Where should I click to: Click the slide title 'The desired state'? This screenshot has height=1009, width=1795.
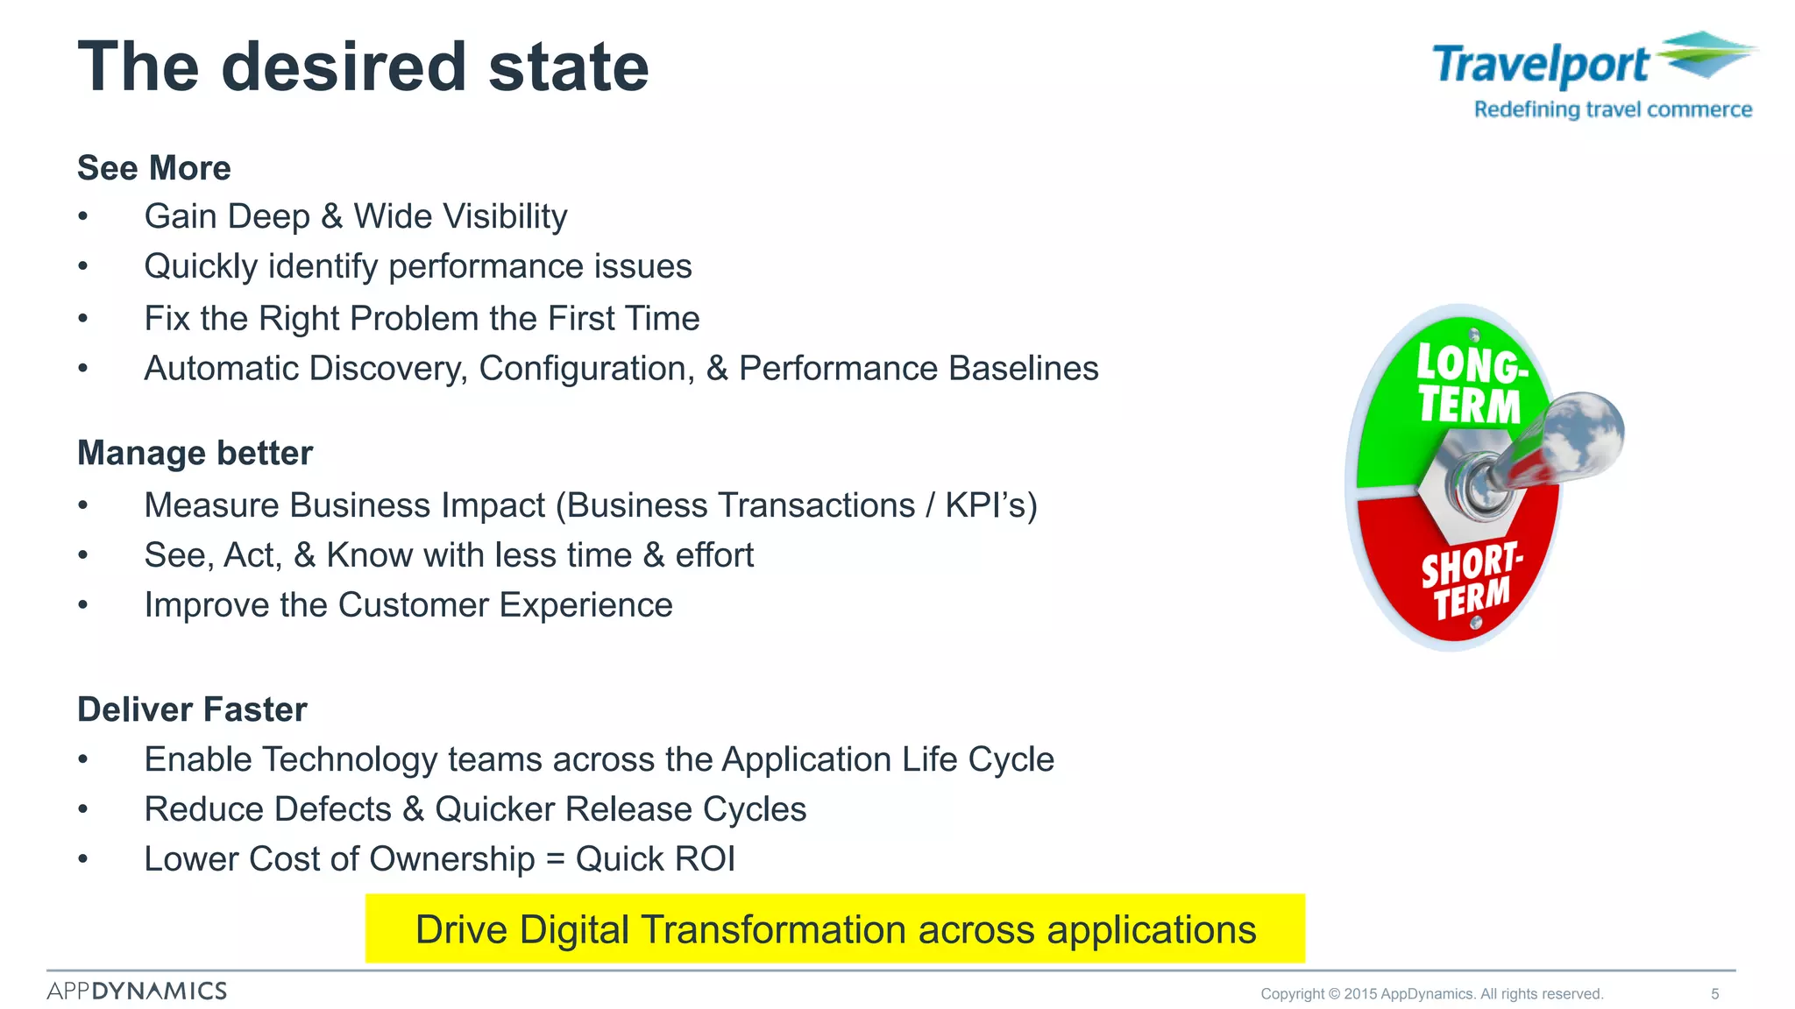[x=363, y=67]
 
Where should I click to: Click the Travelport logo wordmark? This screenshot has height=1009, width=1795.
[x=1540, y=66]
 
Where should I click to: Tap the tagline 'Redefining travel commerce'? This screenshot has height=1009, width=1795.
[x=1612, y=110]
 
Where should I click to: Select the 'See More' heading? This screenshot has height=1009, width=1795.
[x=154, y=168]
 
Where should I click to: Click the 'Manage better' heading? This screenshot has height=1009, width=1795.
[x=195, y=454]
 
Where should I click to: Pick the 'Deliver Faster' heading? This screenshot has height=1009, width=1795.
[x=192, y=709]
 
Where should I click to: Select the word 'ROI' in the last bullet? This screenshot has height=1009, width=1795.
[x=699, y=859]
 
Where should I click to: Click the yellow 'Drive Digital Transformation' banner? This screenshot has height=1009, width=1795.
[x=834, y=929]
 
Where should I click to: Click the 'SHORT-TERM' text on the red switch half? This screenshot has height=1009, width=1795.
[x=1471, y=580]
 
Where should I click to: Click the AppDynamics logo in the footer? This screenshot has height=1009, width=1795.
[x=137, y=991]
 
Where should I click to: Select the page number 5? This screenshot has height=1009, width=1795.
[x=1714, y=994]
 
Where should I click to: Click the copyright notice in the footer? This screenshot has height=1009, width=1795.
[x=1431, y=994]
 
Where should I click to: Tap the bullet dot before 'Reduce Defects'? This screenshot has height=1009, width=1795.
[x=83, y=809]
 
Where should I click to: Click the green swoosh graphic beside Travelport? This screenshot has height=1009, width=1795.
[x=1706, y=53]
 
